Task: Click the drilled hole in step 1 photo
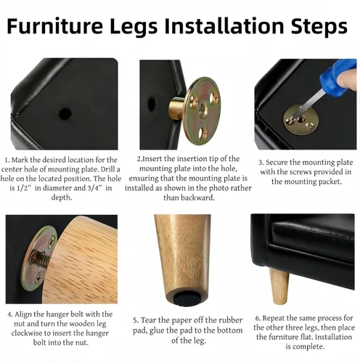click(x=65, y=114)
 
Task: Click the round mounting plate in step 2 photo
click(x=203, y=103)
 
